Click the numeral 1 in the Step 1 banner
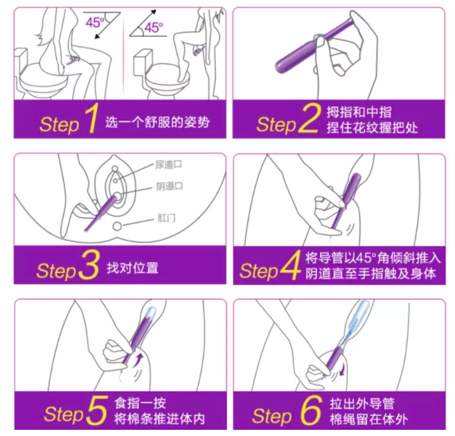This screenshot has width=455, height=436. coord(91,120)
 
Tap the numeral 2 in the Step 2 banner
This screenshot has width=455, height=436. coord(309,119)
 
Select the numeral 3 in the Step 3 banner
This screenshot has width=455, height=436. coord(88,267)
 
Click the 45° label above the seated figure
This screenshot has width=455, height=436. coord(95,22)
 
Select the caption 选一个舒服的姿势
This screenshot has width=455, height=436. coord(157,123)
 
